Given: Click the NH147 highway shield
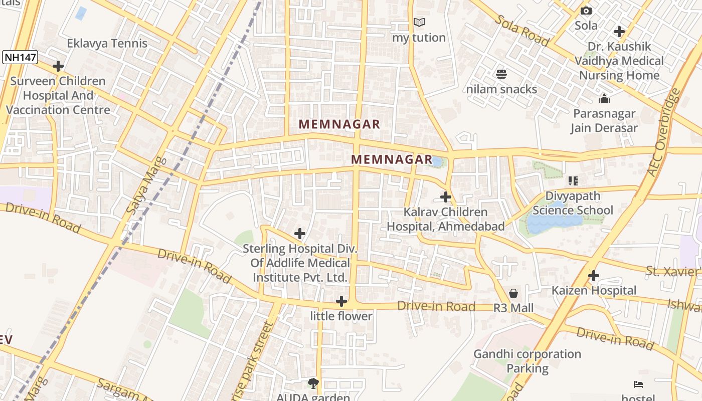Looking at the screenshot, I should pyautogui.click(x=20, y=57).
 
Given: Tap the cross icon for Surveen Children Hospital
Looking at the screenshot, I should pyautogui.click(x=58, y=66).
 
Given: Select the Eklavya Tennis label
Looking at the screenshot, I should pyautogui.click(x=107, y=43).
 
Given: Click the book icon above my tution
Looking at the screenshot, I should pyautogui.click(x=419, y=23).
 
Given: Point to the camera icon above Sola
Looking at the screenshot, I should pyautogui.click(x=586, y=11).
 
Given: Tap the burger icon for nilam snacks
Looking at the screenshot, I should pyautogui.click(x=501, y=75).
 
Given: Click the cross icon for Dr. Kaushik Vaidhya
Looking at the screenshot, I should pyautogui.click(x=619, y=32).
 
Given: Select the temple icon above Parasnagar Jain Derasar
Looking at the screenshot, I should pyautogui.click(x=604, y=99).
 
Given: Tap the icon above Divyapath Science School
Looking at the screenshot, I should pyautogui.click(x=573, y=181).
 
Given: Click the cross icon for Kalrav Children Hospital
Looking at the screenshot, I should pyautogui.click(x=445, y=197).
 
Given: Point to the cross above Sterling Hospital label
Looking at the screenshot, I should pyautogui.click(x=300, y=234).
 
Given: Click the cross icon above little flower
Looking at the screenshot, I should pyautogui.click(x=341, y=301).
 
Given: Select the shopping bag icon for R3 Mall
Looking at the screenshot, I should pyautogui.click(x=513, y=293).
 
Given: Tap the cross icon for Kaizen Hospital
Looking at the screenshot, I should pyautogui.click(x=594, y=276).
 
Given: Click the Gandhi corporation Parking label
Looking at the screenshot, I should pyautogui.click(x=527, y=361).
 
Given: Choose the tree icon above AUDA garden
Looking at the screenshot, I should pyautogui.click(x=313, y=383).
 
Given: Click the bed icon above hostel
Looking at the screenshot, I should pyautogui.click(x=638, y=384).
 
